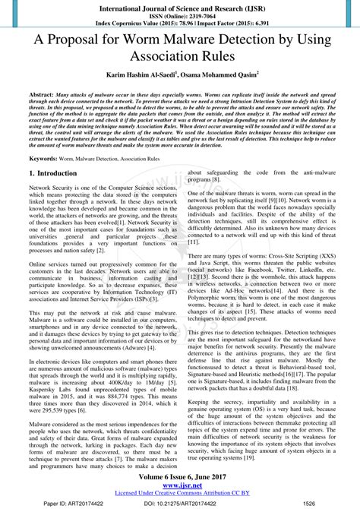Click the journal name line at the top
tap(179, 6)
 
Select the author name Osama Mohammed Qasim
tap(221, 78)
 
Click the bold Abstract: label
tap(41, 99)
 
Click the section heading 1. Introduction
tap(52, 173)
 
